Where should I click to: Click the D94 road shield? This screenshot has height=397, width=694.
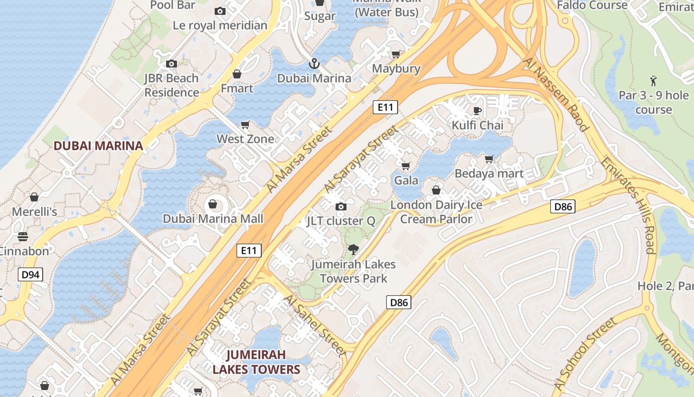(31, 274)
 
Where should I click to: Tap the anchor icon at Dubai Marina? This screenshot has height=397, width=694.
(314, 64)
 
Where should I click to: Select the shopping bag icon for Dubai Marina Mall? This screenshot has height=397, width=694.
(213, 204)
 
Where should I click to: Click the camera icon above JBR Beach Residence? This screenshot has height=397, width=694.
(172, 64)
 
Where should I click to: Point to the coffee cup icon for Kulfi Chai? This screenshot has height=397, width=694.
(477, 111)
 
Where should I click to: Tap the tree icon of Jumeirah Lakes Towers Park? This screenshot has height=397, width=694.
(353, 249)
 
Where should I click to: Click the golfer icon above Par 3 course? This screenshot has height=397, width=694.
(653, 80)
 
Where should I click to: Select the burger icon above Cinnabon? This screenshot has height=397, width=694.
(23, 236)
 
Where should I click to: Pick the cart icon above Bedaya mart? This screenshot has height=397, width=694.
(489, 159)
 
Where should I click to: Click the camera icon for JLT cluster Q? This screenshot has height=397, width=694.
(341, 206)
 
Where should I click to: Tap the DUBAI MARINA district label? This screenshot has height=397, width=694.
(98, 146)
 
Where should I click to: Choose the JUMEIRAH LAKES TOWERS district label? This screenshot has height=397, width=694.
(256, 362)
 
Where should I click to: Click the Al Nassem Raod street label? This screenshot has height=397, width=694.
(556, 94)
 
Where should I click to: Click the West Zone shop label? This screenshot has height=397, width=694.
(245, 139)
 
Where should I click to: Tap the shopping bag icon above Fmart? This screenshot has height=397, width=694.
(237, 74)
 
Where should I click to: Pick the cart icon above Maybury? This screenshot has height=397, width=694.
(396, 54)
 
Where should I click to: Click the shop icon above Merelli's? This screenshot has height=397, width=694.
(34, 197)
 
